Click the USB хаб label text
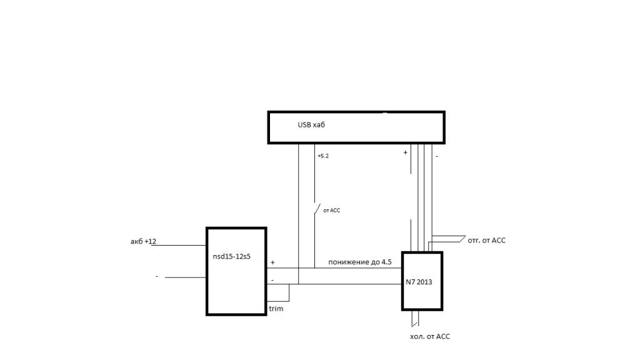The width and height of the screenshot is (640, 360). pos(311,125)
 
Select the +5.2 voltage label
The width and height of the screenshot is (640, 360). pos(322,156)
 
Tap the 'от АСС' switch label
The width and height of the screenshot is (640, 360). pos(332,211)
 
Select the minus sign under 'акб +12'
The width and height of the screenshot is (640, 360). pos(157,276)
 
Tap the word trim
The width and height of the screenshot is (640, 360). pos(276,309)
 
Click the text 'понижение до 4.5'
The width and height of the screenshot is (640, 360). pos(359,262)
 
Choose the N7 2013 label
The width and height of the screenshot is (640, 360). pos(419,282)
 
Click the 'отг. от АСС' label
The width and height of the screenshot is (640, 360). pos(486,240)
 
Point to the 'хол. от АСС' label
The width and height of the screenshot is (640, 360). pos(429,336)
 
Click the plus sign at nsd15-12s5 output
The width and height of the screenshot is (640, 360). pos(272,262)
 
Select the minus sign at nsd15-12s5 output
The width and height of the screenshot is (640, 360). pos(272,279)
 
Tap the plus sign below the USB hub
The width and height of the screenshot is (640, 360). pos(405,152)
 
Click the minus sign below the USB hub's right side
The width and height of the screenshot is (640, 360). pos(436,156)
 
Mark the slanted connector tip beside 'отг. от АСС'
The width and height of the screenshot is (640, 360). pos(462,239)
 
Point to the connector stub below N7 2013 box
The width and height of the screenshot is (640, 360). pos(414,319)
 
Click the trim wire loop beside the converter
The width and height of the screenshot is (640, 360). pos(289,292)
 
